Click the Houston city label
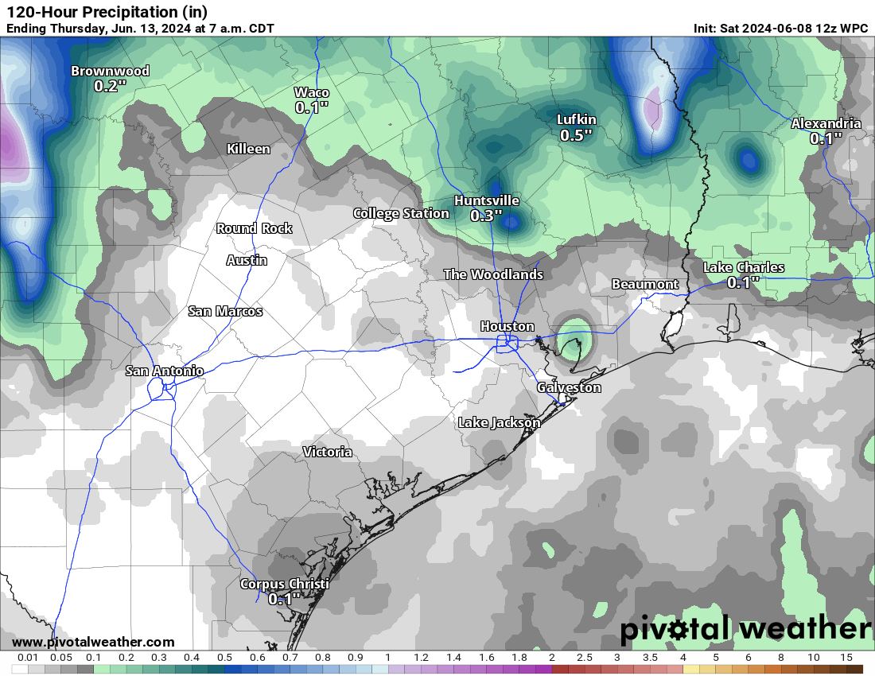507,326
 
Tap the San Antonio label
165,371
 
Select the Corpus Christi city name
284,584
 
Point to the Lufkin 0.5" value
577,135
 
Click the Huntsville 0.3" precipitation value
486,216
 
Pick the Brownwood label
110,71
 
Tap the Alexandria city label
826,123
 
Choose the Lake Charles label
744,267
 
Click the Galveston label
569,387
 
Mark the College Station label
401,213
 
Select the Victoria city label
328,452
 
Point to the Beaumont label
645,284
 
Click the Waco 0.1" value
312,107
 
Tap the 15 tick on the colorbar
846,658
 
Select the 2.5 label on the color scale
585,658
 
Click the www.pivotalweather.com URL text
93,642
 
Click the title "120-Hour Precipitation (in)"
107,12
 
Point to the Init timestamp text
780,28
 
